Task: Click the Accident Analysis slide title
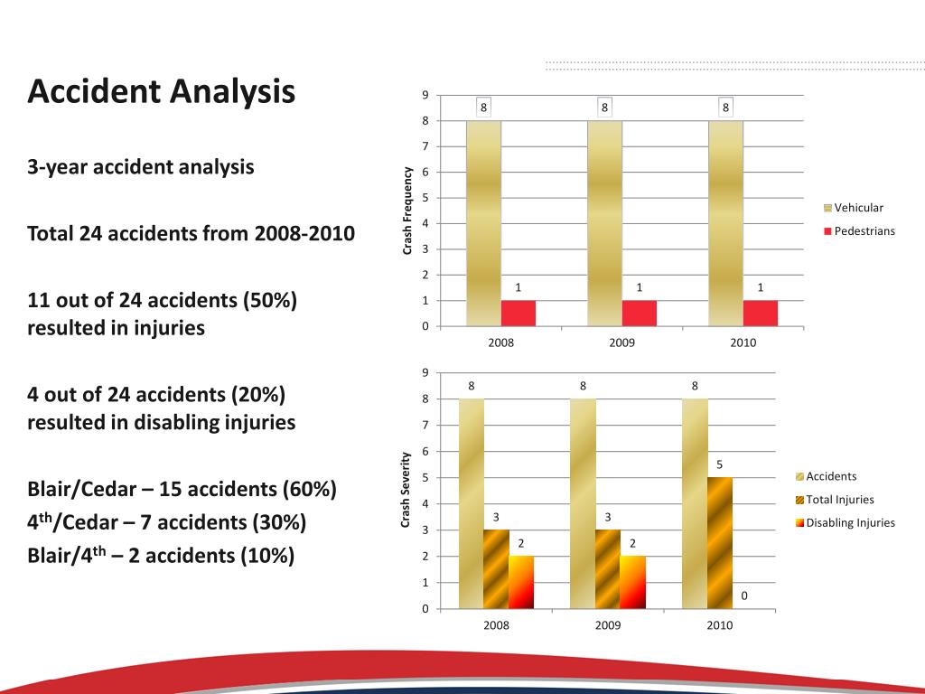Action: click(x=162, y=91)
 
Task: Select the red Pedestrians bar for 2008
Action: click(x=518, y=313)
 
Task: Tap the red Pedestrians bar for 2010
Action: click(x=760, y=313)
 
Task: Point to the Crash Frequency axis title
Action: click(x=407, y=211)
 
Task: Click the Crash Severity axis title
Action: click(x=406, y=490)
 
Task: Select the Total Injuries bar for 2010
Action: click(x=719, y=542)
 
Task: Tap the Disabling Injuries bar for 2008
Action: click(x=521, y=582)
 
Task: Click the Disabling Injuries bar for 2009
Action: click(x=632, y=582)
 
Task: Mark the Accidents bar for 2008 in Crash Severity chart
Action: click(x=471, y=503)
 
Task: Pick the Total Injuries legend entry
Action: click(x=839, y=499)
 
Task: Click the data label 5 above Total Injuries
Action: click(x=719, y=464)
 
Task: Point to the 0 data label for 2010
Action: click(x=744, y=596)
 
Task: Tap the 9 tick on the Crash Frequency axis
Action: click(x=425, y=96)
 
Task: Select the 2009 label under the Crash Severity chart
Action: click(x=608, y=625)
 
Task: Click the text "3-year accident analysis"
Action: click(x=140, y=167)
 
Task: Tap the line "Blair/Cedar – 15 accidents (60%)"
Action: click(x=182, y=490)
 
